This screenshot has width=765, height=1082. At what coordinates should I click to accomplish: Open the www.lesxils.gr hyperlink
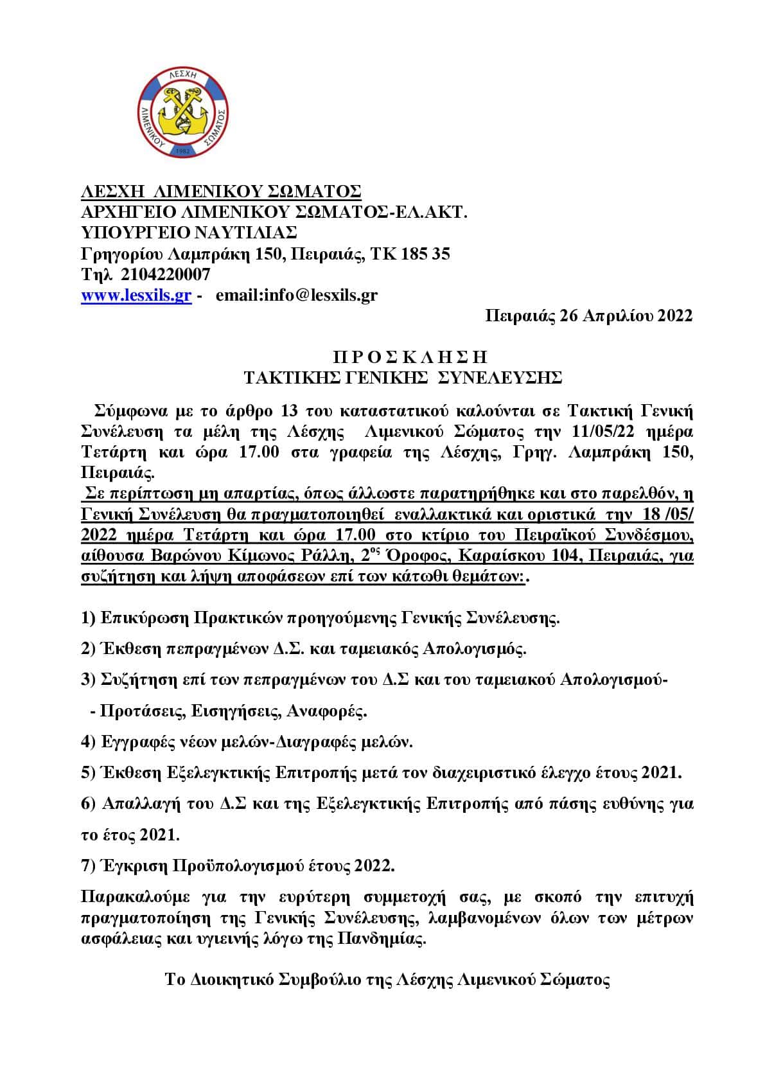pos(136,296)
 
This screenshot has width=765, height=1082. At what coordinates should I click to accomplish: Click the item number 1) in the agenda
pos(89,619)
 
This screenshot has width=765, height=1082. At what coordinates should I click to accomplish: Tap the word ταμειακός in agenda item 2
pos(379,649)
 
